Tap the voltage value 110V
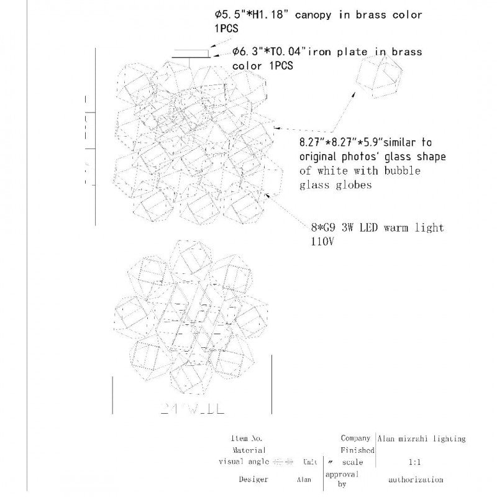(323, 242)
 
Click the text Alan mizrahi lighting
(421, 439)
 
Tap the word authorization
(416, 480)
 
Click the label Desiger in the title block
(253, 480)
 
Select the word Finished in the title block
(357, 450)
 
